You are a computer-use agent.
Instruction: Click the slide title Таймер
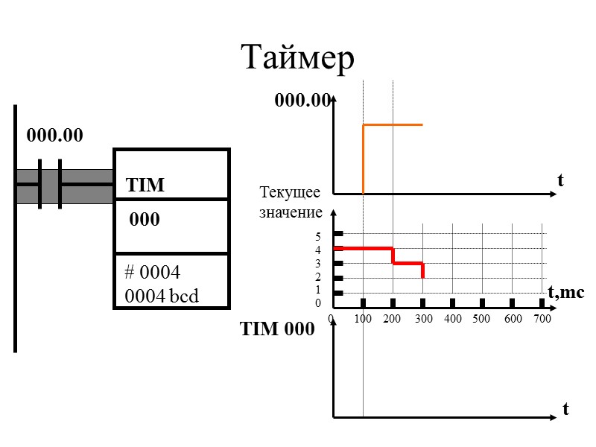297,57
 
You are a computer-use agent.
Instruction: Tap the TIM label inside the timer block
145,185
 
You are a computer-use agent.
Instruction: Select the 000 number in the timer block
145,221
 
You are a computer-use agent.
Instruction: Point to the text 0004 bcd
162,296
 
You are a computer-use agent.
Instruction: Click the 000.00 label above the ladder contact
55,136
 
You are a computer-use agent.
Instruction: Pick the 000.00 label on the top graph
302,101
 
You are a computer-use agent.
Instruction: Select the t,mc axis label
566,293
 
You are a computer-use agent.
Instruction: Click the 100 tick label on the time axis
363,319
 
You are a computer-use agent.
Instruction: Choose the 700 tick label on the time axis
542,319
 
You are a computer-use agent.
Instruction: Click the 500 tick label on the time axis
481,319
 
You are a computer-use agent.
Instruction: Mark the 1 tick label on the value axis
318,290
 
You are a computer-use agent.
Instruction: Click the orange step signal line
393,124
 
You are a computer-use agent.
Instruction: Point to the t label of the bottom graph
565,409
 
